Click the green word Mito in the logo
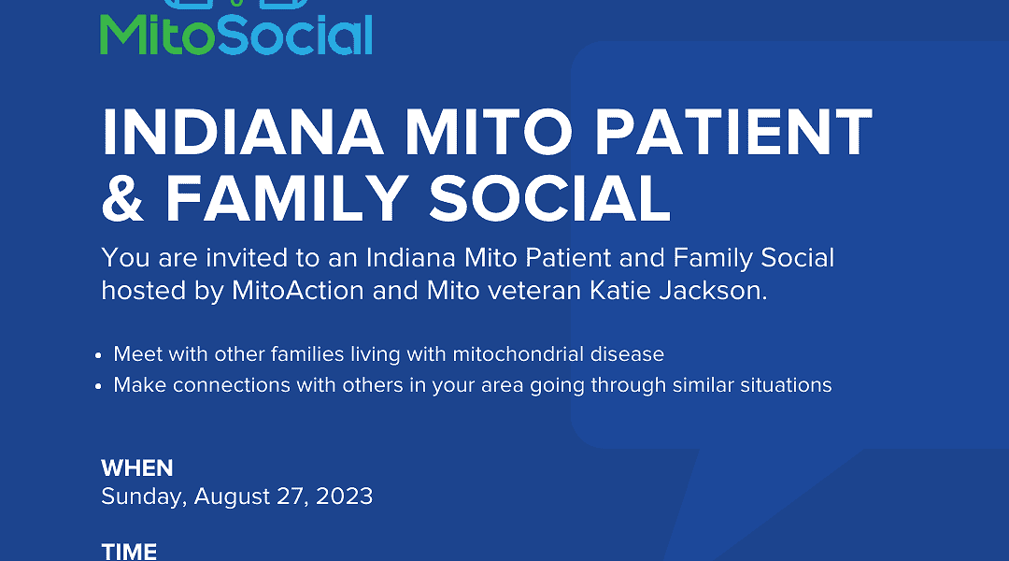point(158,35)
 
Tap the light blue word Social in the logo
point(295,35)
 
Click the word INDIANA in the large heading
point(243,132)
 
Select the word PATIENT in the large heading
point(733,132)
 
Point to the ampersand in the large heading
point(122,198)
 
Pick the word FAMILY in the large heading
point(287,198)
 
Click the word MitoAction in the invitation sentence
point(298,291)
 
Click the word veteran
point(534,291)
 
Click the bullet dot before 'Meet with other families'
point(98,355)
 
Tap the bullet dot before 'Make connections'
point(98,386)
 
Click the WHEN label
point(137,468)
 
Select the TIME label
point(129,552)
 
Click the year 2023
point(344,496)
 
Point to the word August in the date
point(233,496)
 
